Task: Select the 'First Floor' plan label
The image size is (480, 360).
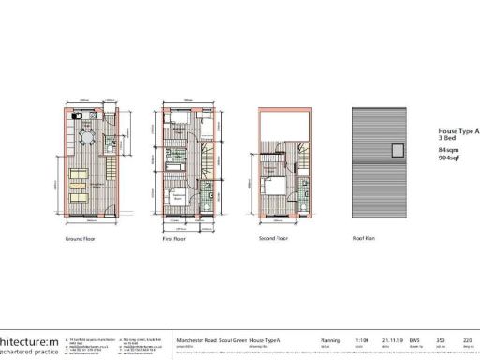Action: pyautogui.click(x=177, y=238)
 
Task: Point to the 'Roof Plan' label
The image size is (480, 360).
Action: pyautogui.click(x=365, y=238)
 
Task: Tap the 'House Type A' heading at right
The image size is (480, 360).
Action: pyautogui.click(x=458, y=132)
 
